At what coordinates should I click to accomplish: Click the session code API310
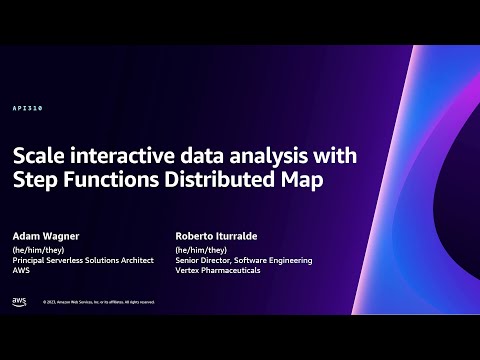[28, 108]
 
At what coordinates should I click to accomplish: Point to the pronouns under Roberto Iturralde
[201, 250]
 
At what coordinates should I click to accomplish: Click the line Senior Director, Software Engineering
[243, 260]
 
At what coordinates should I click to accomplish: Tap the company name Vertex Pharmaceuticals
[217, 270]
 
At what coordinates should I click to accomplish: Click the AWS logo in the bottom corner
[19, 301]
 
